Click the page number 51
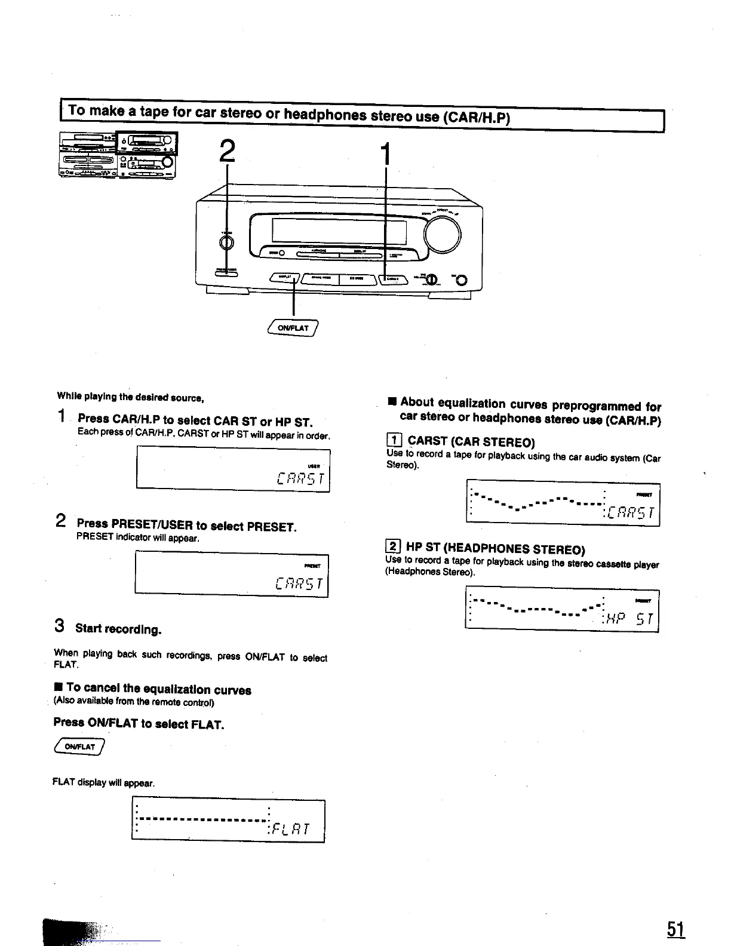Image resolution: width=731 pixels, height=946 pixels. coord(675,929)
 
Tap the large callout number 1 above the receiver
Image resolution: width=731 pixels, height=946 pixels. coord(386,154)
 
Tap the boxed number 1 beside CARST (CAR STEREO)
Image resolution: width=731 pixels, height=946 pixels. coord(395,441)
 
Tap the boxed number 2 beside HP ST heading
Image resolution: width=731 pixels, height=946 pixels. coord(394,546)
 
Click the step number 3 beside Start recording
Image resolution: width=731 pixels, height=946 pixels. coord(59,626)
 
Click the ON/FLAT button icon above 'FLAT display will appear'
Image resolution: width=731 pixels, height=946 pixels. coord(79,747)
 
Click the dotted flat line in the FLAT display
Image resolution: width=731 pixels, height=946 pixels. coord(203,819)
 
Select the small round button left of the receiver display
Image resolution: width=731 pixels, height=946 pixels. coord(226,242)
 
